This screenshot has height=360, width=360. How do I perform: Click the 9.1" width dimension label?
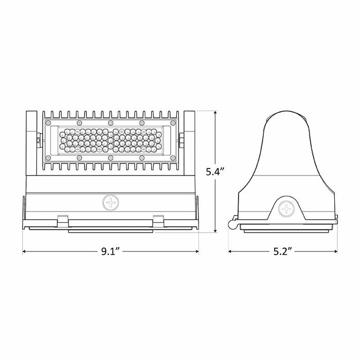tap(111, 251)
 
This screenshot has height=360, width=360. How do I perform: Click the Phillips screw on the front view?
tap(110, 202)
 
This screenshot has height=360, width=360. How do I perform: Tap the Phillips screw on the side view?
tap(284, 209)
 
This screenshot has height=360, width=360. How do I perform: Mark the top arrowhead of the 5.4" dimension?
tap(214, 112)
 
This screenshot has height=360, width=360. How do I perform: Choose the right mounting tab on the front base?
tap(158, 219)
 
